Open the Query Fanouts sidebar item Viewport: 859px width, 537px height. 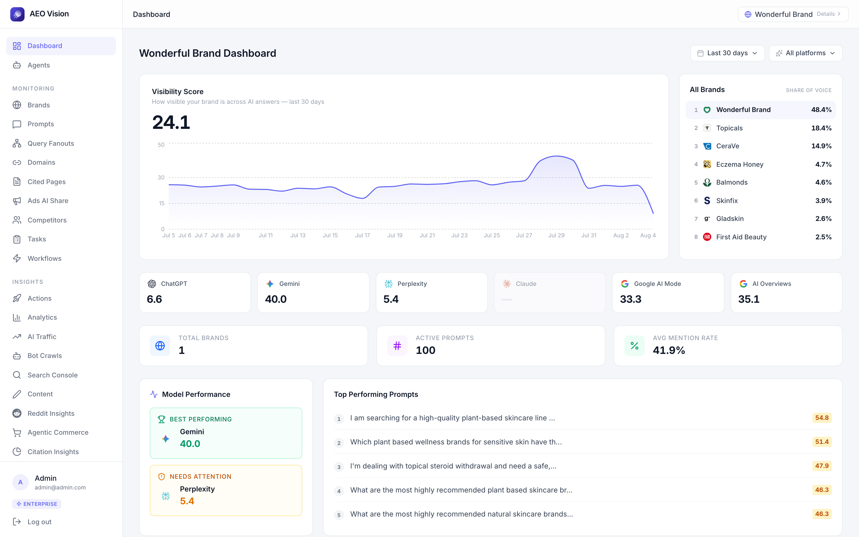point(51,143)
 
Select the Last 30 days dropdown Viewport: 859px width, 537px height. point(727,53)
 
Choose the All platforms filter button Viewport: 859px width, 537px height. point(805,53)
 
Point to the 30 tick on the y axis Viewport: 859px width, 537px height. point(161,177)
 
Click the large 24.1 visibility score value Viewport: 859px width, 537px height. point(171,122)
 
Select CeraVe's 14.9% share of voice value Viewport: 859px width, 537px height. point(821,146)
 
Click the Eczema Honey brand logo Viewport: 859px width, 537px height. point(707,164)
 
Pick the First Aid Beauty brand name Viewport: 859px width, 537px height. point(741,237)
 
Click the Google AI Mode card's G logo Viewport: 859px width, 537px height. point(625,284)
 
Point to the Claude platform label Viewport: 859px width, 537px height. point(526,284)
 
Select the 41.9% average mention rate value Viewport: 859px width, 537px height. point(669,350)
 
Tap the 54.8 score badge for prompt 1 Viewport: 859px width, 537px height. point(822,418)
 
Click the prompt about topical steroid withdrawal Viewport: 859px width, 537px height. point(453,466)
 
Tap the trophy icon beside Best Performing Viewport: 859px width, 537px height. point(162,419)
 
